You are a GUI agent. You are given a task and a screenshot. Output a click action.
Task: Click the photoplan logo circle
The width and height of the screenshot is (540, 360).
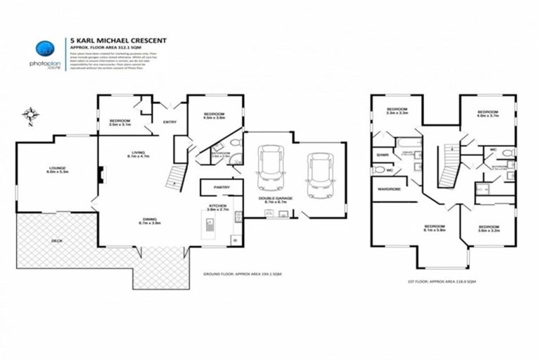(46, 47)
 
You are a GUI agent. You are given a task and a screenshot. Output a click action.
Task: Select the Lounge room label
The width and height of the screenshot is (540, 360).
(58, 169)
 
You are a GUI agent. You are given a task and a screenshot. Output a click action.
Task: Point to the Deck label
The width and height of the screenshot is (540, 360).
(56, 240)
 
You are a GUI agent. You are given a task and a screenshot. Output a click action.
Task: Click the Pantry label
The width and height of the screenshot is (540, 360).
(221, 187)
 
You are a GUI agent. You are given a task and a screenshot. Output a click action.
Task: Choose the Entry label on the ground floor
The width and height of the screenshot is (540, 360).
(169, 122)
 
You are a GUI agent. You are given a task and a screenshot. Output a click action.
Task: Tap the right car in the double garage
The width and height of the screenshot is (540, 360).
(318, 172)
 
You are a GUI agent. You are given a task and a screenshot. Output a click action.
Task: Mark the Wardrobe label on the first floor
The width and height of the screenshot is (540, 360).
(389, 189)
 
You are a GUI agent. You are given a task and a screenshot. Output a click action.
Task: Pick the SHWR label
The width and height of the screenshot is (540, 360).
(382, 155)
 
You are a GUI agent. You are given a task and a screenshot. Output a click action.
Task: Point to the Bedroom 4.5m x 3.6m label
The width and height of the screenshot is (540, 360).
(214, 116)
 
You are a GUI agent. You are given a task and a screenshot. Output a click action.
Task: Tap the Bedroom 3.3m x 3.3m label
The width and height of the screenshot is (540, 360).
(397, 110)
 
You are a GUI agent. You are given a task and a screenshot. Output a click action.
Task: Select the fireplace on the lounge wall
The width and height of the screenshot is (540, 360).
(101, 173)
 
